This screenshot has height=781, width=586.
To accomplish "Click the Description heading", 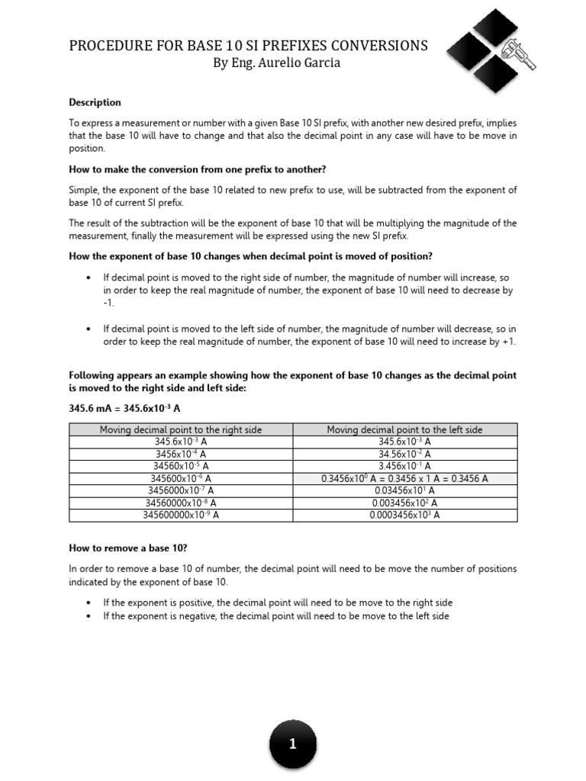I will point(95,102).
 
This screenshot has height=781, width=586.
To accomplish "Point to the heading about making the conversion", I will point(198,169).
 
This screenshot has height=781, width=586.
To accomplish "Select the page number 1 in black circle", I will point(293,744).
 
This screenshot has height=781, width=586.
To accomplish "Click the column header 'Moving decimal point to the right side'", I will point(181,430).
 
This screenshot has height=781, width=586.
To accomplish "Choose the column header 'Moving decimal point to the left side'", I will point(405,430).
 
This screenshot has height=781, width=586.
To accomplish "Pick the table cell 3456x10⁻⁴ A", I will point(181,454).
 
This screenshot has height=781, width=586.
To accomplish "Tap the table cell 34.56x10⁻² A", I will point(405,454).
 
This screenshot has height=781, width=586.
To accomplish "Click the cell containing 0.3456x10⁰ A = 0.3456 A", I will point(405,478).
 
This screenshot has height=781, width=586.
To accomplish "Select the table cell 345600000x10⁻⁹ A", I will point(181,515).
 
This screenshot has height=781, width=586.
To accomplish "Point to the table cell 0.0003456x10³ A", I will point(405,515).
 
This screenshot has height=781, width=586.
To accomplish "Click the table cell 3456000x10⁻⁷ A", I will point(181,490).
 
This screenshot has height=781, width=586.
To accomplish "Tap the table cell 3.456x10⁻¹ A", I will point(405,466).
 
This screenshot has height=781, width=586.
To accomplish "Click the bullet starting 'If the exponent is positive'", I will point(278,603).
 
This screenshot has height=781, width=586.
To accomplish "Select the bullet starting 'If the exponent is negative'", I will point(276,615).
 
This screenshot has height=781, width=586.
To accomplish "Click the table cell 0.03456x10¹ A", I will point(405,490).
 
